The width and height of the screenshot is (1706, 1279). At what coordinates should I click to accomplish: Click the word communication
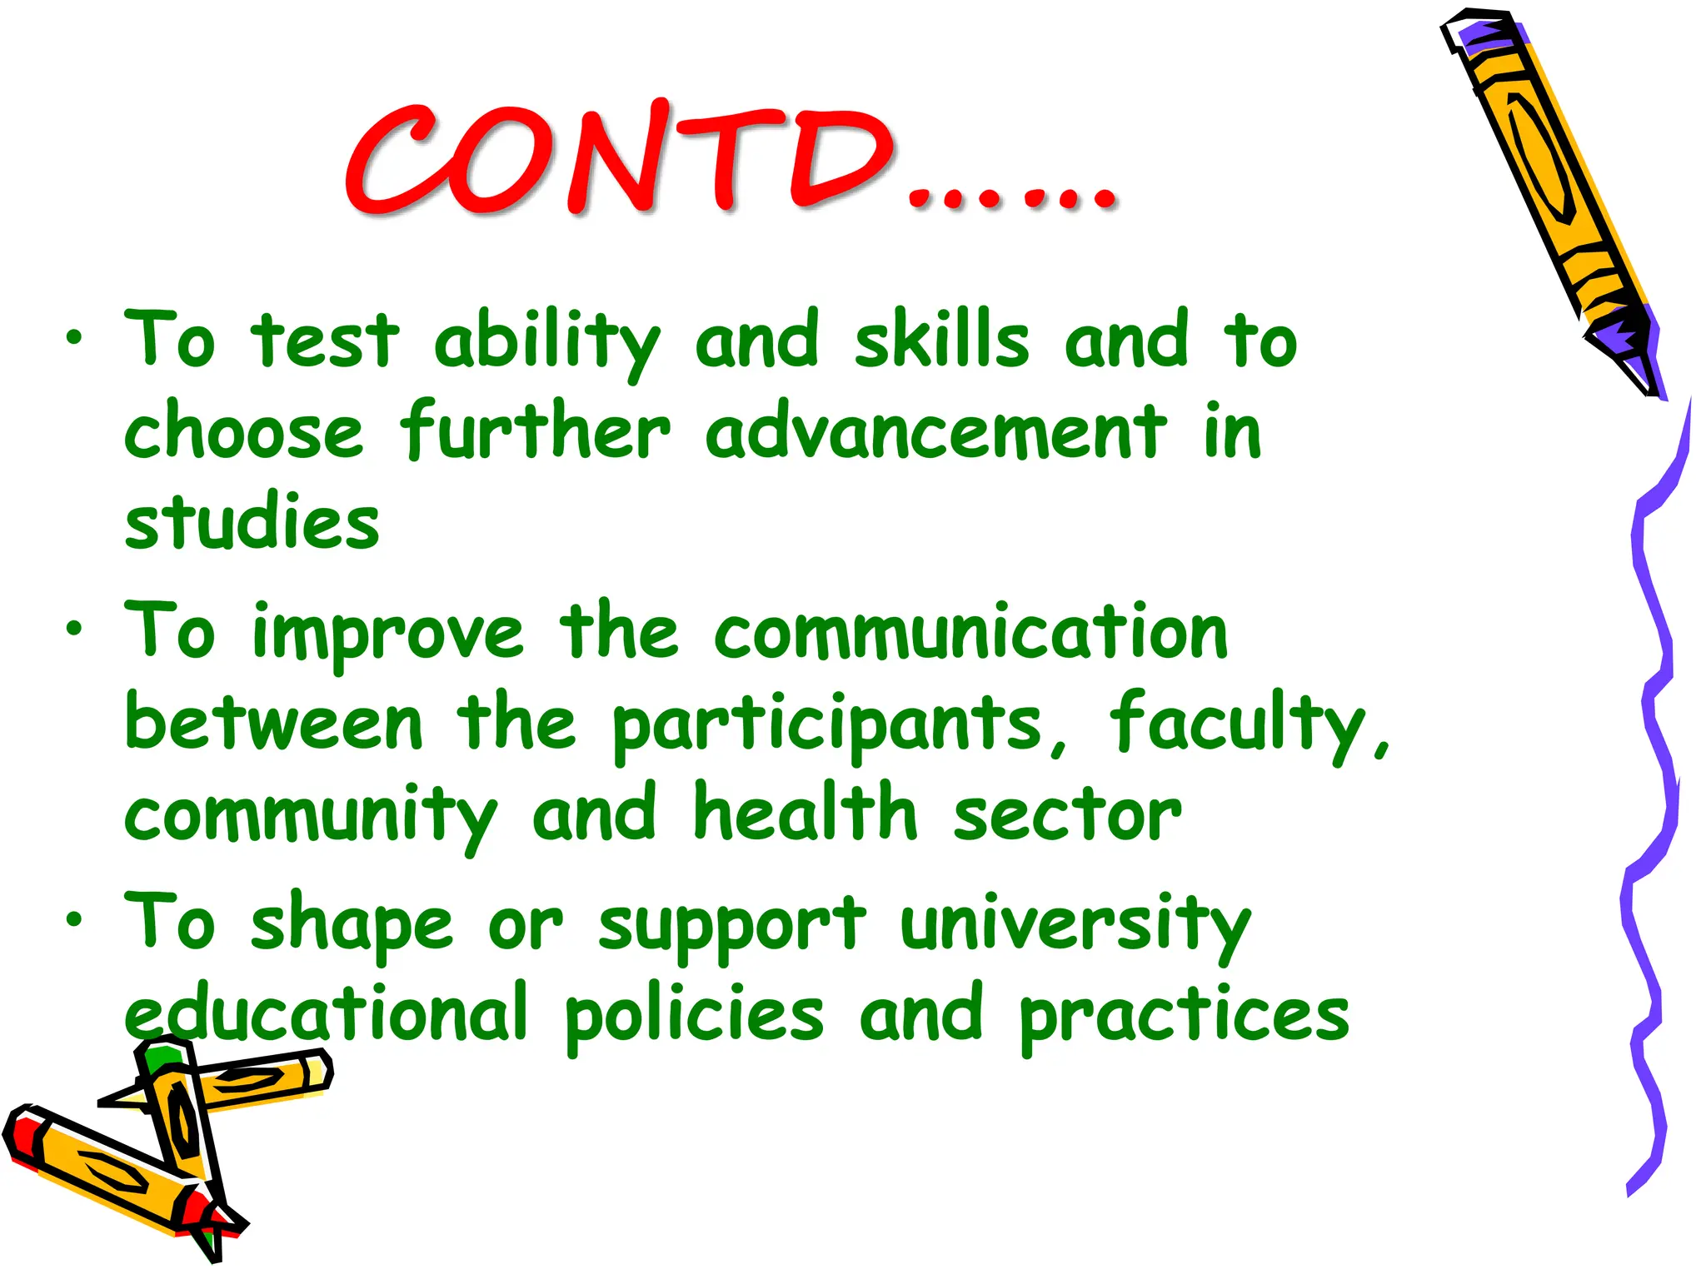coord(970,633)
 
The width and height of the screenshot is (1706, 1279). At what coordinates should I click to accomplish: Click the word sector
coord(1067,814)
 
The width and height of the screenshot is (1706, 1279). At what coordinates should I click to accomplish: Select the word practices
coord(1184,1016)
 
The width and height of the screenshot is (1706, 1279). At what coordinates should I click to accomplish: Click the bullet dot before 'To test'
coord(75,338)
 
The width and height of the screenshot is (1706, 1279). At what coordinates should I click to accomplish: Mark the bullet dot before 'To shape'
coord(75,919)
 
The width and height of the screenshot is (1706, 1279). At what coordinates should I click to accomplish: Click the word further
coord(534,431)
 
